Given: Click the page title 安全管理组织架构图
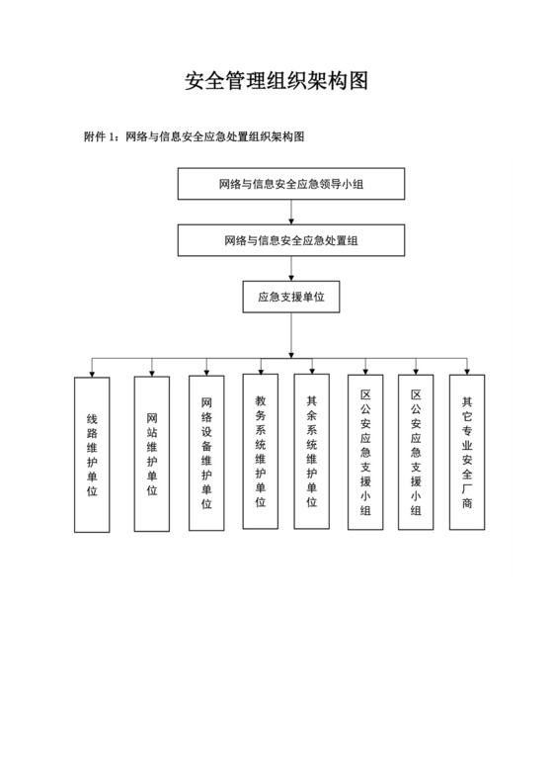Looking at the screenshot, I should tap(276, 81).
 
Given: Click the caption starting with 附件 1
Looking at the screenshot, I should tap(195, 136).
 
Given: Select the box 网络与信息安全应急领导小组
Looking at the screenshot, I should tap(290, 184).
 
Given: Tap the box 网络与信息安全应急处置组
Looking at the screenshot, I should tap(290, 240).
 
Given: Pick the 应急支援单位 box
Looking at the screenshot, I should tap(290, 297).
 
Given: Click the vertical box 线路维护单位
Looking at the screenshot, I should tap(92, 455).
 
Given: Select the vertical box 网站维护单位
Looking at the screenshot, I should tap(151, 452).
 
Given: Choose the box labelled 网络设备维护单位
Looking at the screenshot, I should tap(206, 452).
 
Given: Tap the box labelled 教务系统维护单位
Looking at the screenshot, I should tap(261, 450).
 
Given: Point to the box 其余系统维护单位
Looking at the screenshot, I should tap(311, 450).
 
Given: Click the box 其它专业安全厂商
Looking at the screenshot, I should tap(467, 452).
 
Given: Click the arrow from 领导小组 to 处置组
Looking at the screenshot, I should tap(290, 213).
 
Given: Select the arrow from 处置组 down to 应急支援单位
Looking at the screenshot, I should tap(290, 269).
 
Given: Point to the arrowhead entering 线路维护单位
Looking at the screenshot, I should tap(92, 373).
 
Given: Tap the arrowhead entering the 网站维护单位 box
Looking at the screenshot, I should tap(151, 372).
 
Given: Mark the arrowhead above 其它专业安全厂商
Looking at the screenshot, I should tap(467, 372).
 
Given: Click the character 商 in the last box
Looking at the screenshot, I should tap(467, 502).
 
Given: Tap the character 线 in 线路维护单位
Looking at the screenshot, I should tap(92, 418).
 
